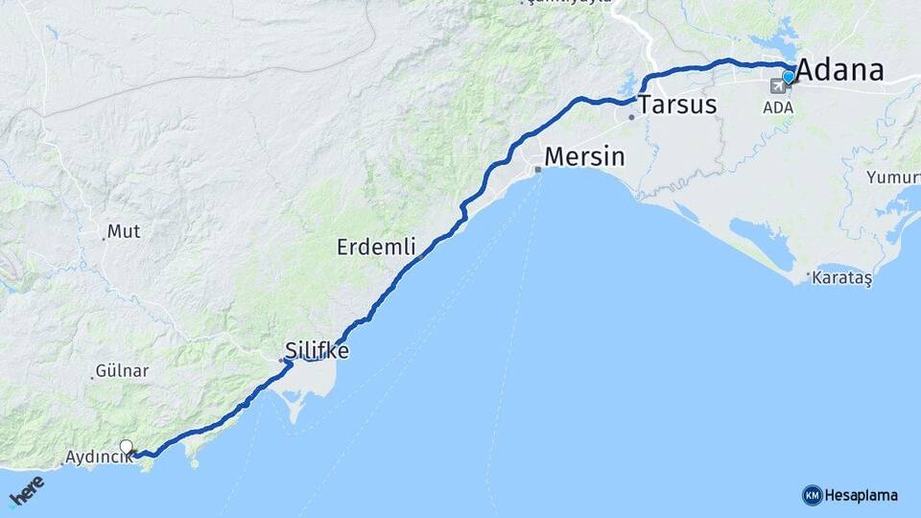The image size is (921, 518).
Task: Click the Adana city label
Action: pyautogui.click(x=840, y=70)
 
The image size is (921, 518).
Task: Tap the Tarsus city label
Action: pyautogui.click(x=677, y=105)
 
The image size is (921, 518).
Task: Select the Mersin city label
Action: pyautogui.click(x=584, y=156)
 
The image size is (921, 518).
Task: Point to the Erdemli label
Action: pyautogui.click(x=376, y=247)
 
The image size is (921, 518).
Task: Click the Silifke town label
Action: pyautogui.click(x=317, y=351)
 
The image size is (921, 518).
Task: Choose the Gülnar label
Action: pyautogui.click(x=122, y=371)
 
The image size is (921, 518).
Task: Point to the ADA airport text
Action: pyautogui.click(x=778, y=106)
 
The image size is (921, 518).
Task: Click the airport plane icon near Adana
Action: pyautogui.click(x=774, y=86)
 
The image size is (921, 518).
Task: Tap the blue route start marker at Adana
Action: pyautogui.click(x=789, y=76)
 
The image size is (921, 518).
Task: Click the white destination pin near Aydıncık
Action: pyautogui.click(x=126, y=446)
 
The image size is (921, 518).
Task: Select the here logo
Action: pyautogui.click(x=26, y=491)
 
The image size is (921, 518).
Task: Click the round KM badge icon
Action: pyautogui.click(x=812, y=495)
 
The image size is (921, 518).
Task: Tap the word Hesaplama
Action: pyautogui.click(x=861, y=495)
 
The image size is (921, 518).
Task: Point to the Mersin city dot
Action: pyautogui.click(x=538, y=170)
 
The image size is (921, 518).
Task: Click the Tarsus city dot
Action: pyautogui.click(x=631, y=117)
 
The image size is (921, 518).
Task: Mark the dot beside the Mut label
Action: pyautogui.click(x=103, y=237)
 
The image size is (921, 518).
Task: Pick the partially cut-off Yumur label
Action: pyautogui.click(x=892, y=177)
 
